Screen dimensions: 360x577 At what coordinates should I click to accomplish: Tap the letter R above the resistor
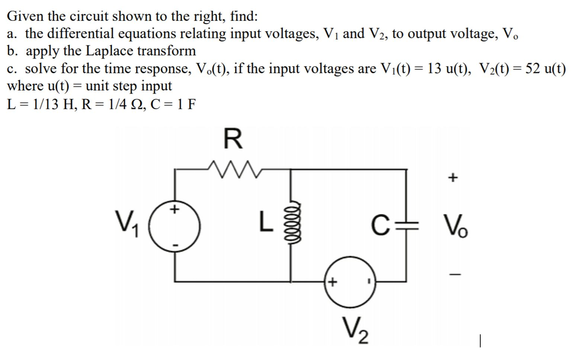click(233, 139)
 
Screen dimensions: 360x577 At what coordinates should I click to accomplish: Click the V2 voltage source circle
click(349, 282)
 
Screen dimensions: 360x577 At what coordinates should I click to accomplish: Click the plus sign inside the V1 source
click(173, 210)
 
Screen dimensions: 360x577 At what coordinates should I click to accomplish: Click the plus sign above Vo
click(452, 178)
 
